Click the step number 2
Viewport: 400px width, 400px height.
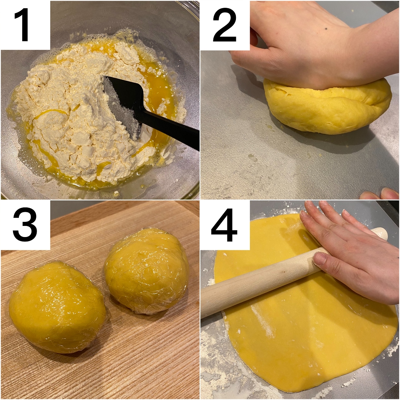click(x=224, y=25)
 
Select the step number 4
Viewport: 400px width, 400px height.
click(x=224, y=225)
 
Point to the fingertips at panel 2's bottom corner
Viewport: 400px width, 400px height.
click(x=380, y=194)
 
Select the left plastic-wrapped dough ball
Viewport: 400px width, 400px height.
click(x=57, y=306)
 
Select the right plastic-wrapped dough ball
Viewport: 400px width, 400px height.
click(x=147, y=272)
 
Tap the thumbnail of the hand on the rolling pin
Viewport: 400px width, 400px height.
click(x=319, y=258)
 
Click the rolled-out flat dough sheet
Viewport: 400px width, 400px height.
click(x=301, y=331)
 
